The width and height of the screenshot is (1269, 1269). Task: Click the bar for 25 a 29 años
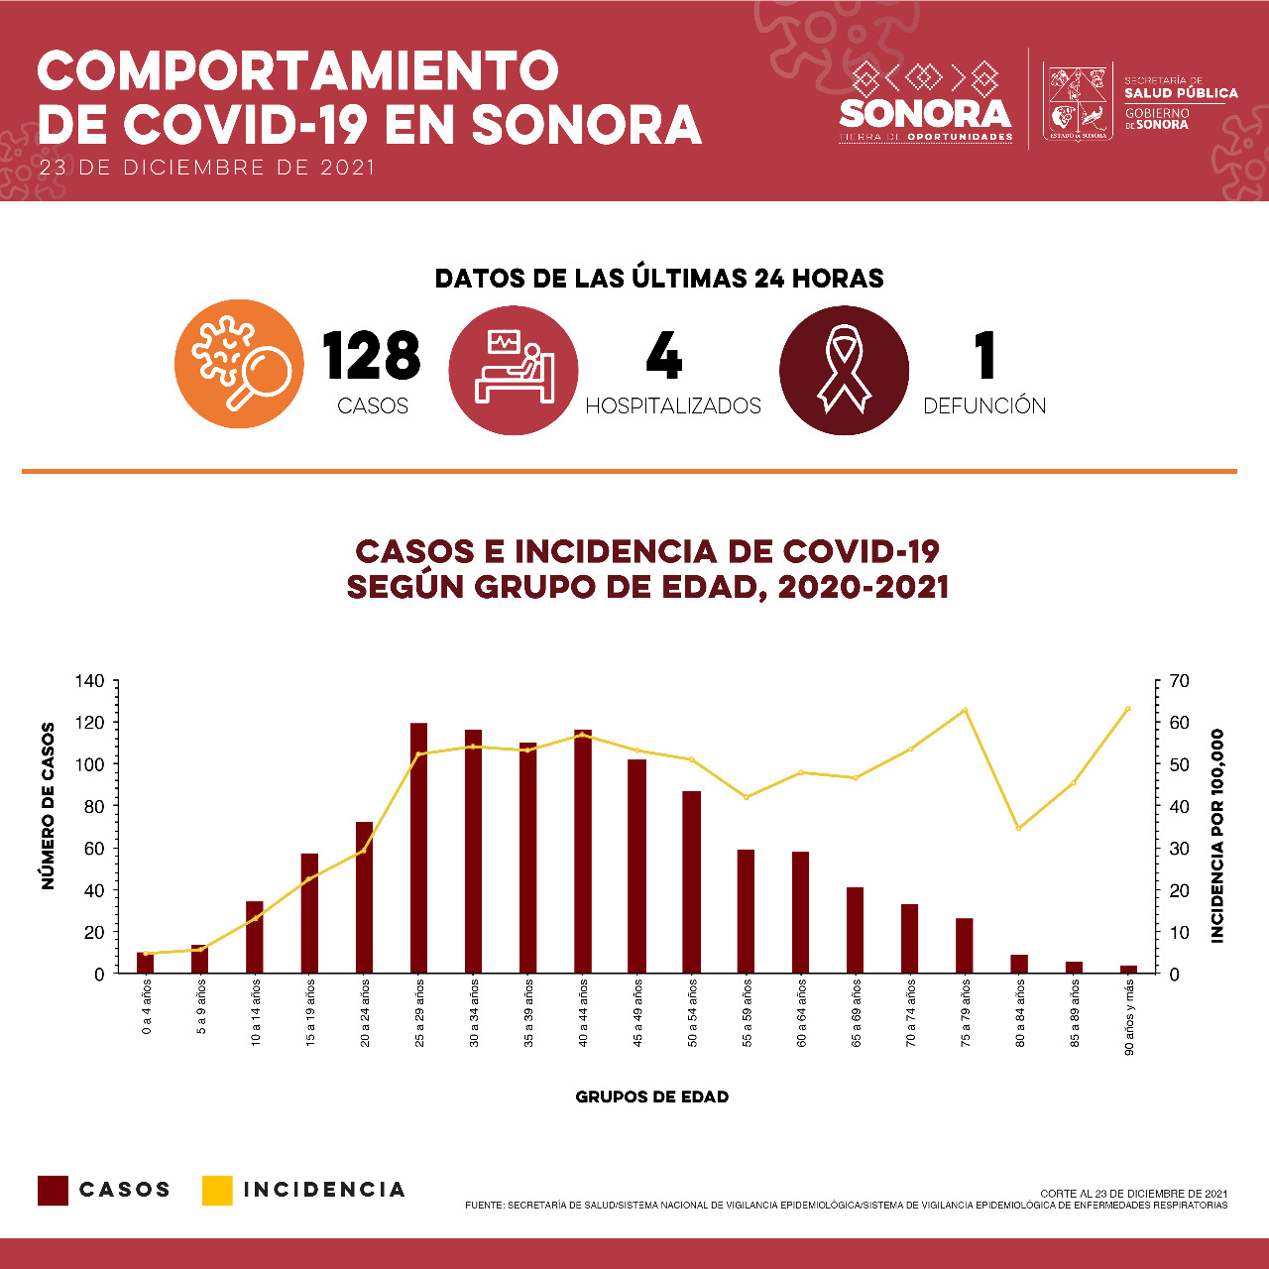[x=418, y=848]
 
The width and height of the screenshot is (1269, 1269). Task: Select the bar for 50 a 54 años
[x=691, y=881]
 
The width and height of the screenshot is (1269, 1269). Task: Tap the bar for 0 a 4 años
[x=146, y=962]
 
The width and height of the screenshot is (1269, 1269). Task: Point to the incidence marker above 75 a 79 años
[x=966, y=710]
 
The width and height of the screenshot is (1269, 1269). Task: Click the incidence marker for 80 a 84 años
[x=1019, y=828]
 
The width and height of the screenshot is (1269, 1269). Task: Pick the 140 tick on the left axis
[x=91, y=681]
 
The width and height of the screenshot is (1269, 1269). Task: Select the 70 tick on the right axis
[x=1179, y=681]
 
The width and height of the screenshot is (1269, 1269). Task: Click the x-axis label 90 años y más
[x=1129, y=1017]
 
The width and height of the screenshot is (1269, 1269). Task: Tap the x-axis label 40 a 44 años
[x=583, y=1013]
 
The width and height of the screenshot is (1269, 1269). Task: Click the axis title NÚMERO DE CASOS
[x=48, y=806]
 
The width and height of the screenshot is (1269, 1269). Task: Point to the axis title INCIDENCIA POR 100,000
[x=1217, y=836]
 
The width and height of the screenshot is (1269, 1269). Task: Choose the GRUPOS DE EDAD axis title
[x=652, y=1097]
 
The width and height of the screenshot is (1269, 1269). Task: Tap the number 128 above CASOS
[x=372, y=356]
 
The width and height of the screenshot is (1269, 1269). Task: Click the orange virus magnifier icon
[x=239, y=364]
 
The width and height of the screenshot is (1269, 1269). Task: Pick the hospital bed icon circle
[x=514, y=370]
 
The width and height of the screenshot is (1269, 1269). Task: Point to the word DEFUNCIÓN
[x=984, y=405]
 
